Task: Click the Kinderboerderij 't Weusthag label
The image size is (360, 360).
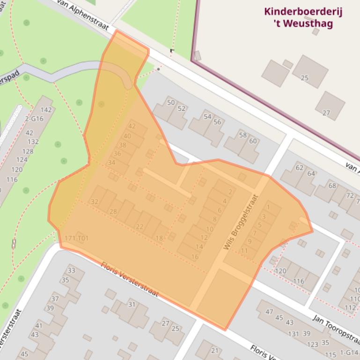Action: coord(303,17)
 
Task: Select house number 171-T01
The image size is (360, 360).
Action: coord(77,238)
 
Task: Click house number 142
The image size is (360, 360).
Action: coord(46,110)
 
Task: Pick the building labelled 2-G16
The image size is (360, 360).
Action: coord(34,119)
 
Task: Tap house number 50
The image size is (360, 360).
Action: coord(170,102)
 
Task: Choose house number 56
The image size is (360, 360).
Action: coord(217,122)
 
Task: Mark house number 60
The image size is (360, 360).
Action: coord(253,141)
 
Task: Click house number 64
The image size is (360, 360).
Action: coord(311,173)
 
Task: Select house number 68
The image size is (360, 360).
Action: coord(332,186)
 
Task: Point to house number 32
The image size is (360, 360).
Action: coord(95,202)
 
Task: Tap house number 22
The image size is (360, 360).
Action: coord(140,227)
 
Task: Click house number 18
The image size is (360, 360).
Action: coord(159,238)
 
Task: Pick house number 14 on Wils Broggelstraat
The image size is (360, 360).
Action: coord(199,247)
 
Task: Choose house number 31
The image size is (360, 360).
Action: coord(132,304)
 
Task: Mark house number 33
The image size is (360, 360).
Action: coord(71,270)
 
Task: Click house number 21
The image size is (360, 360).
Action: coord(215,351)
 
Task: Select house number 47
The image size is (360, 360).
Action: coord(269,312)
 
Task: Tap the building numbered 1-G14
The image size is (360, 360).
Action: coord(348,353)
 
